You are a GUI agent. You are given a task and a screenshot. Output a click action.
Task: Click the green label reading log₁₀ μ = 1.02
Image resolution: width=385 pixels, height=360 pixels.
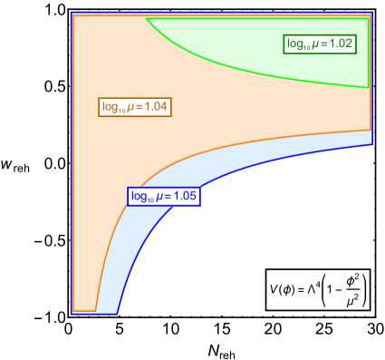(x=320, y=43)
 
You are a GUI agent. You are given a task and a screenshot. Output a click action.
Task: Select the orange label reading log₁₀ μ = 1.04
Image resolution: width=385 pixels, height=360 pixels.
(x=134, y=107)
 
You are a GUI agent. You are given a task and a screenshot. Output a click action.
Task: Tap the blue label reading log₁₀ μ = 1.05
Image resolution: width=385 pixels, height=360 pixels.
(x=163, y=196)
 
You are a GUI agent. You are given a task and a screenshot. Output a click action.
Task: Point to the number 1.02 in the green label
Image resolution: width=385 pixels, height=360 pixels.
(x=340, y=43)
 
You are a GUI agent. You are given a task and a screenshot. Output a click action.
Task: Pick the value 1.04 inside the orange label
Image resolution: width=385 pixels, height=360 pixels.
(x=155, y=107)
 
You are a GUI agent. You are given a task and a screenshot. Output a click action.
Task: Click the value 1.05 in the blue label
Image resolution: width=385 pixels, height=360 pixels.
(x=184, y=196)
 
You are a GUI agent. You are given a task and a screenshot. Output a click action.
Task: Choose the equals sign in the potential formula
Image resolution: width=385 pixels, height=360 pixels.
(x=301, y=289)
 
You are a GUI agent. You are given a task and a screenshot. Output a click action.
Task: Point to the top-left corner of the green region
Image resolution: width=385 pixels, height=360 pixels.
(x=147, y=19)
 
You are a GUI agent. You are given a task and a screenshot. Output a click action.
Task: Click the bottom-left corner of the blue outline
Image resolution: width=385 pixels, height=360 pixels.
(x=72, y=314)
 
